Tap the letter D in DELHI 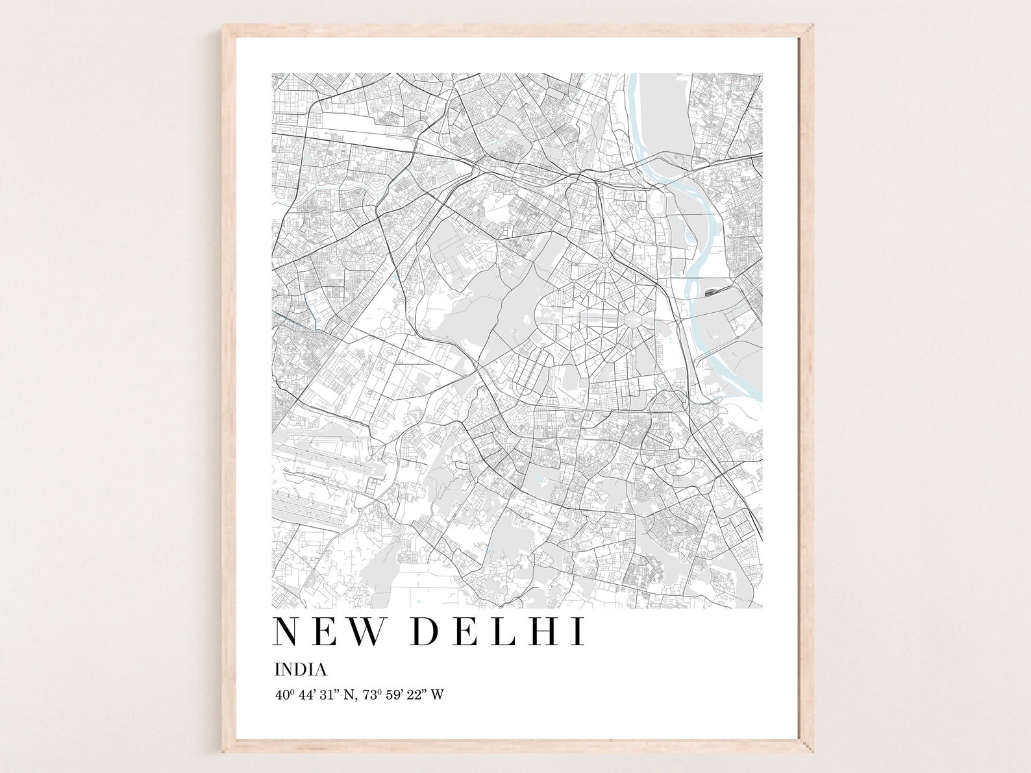point(425,632)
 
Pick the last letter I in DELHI point(579,632)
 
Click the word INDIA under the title point(300,669)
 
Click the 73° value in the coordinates point(369,694)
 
